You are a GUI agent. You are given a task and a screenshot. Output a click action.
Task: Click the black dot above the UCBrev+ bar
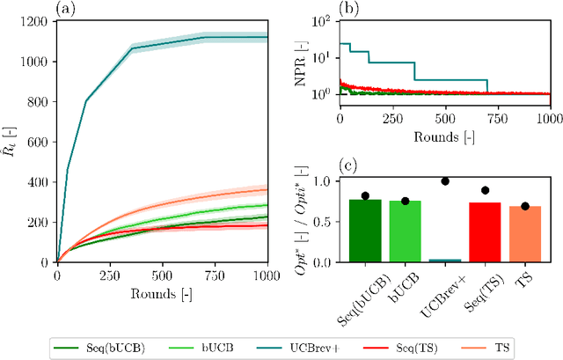click(x=445, y=181)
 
